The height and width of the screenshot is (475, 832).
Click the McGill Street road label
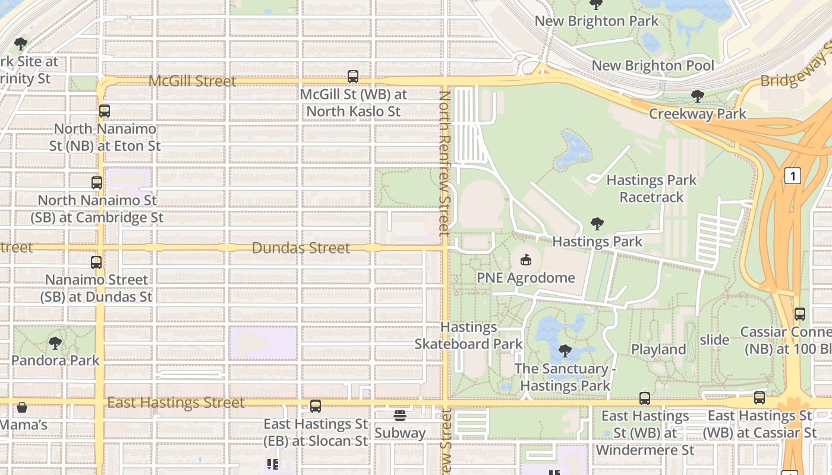[x=192, y=81]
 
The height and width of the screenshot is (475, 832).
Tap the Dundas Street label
[x=301, y=248]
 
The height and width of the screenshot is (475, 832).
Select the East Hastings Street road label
[x=176, y=403]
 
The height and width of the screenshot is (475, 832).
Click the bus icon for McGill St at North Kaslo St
[x=353, y=77]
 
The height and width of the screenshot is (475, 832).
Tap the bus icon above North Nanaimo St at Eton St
[x=105, y=111]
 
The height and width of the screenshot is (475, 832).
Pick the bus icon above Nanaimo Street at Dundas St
[x=96, y=262]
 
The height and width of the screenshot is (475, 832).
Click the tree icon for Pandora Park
[x=55, y=343]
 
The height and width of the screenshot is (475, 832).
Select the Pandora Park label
[x=55, y=360]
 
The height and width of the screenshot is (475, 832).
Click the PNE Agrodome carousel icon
[x=525, y=259]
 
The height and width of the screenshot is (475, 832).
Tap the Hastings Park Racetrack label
[x=651, y=188]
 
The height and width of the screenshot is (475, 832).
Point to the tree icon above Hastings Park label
[x=597, y=224]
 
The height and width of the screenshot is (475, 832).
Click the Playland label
[x=658, y=349]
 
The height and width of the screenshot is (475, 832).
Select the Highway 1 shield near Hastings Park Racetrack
[x=792, y=176]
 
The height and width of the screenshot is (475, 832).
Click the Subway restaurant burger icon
[x=400, y=415]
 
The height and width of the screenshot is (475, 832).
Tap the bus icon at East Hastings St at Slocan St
[x=316, y=406]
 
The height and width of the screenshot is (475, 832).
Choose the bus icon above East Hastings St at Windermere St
[x=645, y=398]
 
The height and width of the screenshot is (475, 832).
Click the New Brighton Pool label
[x=653, y=65]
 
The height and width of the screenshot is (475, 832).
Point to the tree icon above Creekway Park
[x=698, y=96]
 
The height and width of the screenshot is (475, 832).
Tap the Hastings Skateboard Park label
[x=468, y=335]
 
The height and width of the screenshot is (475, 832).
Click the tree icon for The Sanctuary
[x=565, y=351]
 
